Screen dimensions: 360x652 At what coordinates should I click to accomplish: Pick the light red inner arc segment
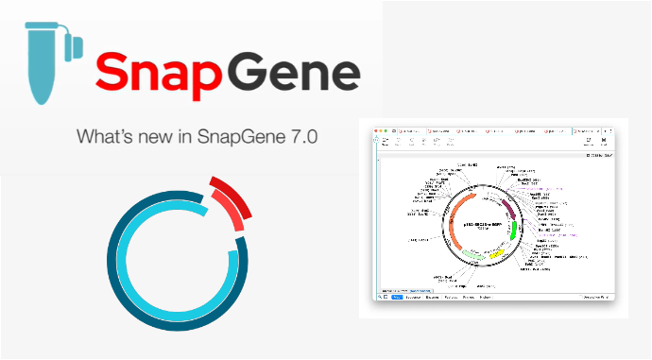tap(228, 207)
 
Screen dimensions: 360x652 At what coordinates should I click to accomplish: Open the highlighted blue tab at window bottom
tap(397, 297)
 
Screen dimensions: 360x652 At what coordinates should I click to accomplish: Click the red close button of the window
tap(377, 127)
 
